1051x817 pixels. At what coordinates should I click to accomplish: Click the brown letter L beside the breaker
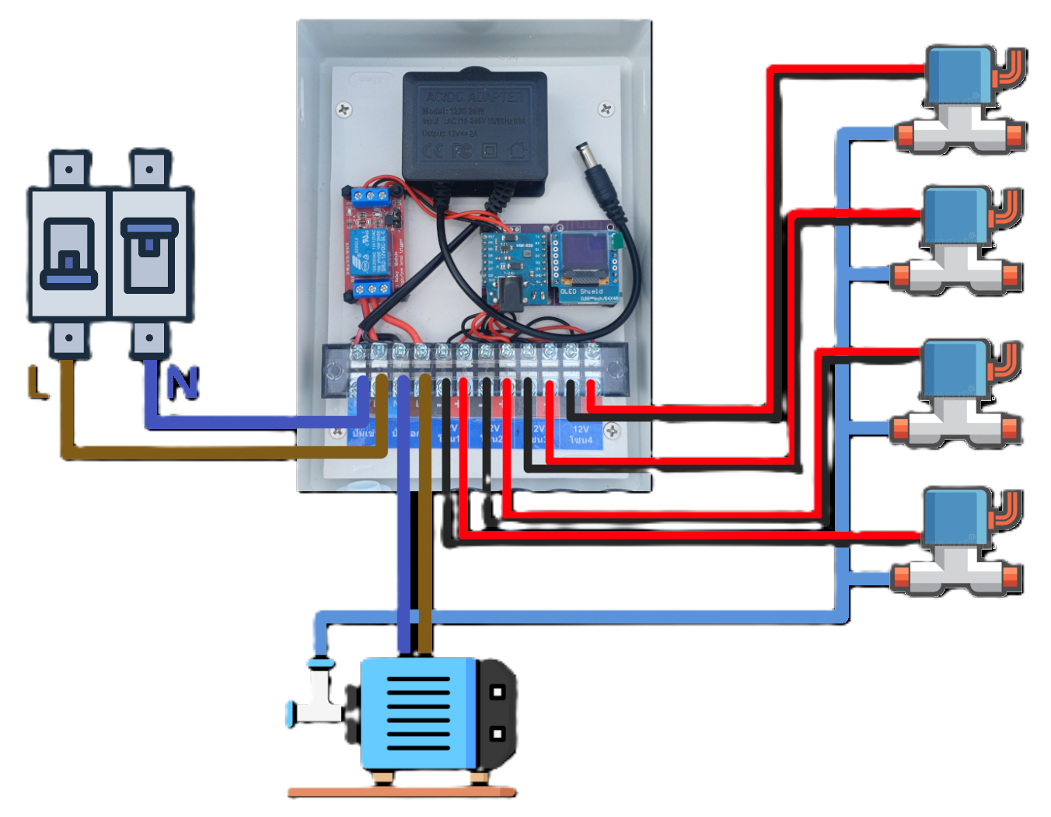(x=37, y=382)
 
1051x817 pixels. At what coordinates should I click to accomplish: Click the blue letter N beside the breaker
(x=181, y=382)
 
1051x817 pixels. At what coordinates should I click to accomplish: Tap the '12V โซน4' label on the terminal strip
(x=581, y=435)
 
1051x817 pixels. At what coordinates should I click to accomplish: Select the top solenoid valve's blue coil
(x=958, y=75)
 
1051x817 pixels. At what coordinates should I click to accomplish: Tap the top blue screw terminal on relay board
(x=372, y=194)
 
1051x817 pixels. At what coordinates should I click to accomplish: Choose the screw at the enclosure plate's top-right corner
(x=606, y=110)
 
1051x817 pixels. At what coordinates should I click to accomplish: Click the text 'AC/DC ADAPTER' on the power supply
(x=474, y=97)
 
